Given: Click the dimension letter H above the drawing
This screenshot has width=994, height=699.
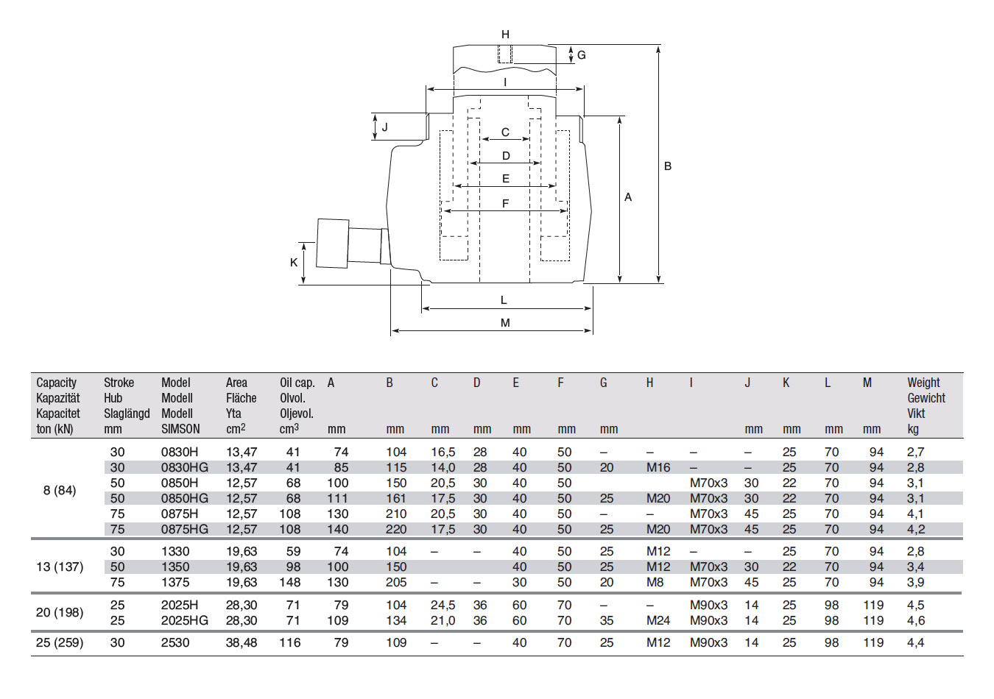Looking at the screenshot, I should (x=505, y=35).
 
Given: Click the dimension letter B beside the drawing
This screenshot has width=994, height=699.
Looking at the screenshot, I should (x=668, y=166).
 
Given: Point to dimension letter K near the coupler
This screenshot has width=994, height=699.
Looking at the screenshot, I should (x=294, y=263).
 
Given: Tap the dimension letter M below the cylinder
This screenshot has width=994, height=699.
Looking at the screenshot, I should (x=505, y=323).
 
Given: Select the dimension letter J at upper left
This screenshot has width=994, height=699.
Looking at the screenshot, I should (x=384, y=127).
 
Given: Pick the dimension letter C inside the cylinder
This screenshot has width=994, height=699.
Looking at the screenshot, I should (x=505, y=132).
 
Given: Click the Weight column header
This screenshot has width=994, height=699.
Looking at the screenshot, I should (x=923, y=383).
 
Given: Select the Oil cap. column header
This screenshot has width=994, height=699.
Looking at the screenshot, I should (x=297, y=383).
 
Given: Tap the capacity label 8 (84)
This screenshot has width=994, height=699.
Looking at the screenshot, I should (x=60, y=490).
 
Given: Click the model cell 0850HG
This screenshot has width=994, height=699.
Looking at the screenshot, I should (x=185, y=498).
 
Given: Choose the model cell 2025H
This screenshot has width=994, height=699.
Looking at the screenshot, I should (x=180, y=605).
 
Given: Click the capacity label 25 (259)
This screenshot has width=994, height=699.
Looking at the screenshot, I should (x=60, y=642).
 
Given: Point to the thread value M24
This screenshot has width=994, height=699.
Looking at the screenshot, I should (x=658, y=620).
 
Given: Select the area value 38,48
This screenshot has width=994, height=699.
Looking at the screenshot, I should (x=242, y=642).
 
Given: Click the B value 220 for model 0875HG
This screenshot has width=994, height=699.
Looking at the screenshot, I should (x=396, y=529).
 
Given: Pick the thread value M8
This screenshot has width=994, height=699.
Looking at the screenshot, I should (x=655, y=582).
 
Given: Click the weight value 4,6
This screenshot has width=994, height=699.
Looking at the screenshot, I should (x=915, y=620).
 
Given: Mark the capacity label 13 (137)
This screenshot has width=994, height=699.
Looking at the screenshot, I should (x=60, y=567).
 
